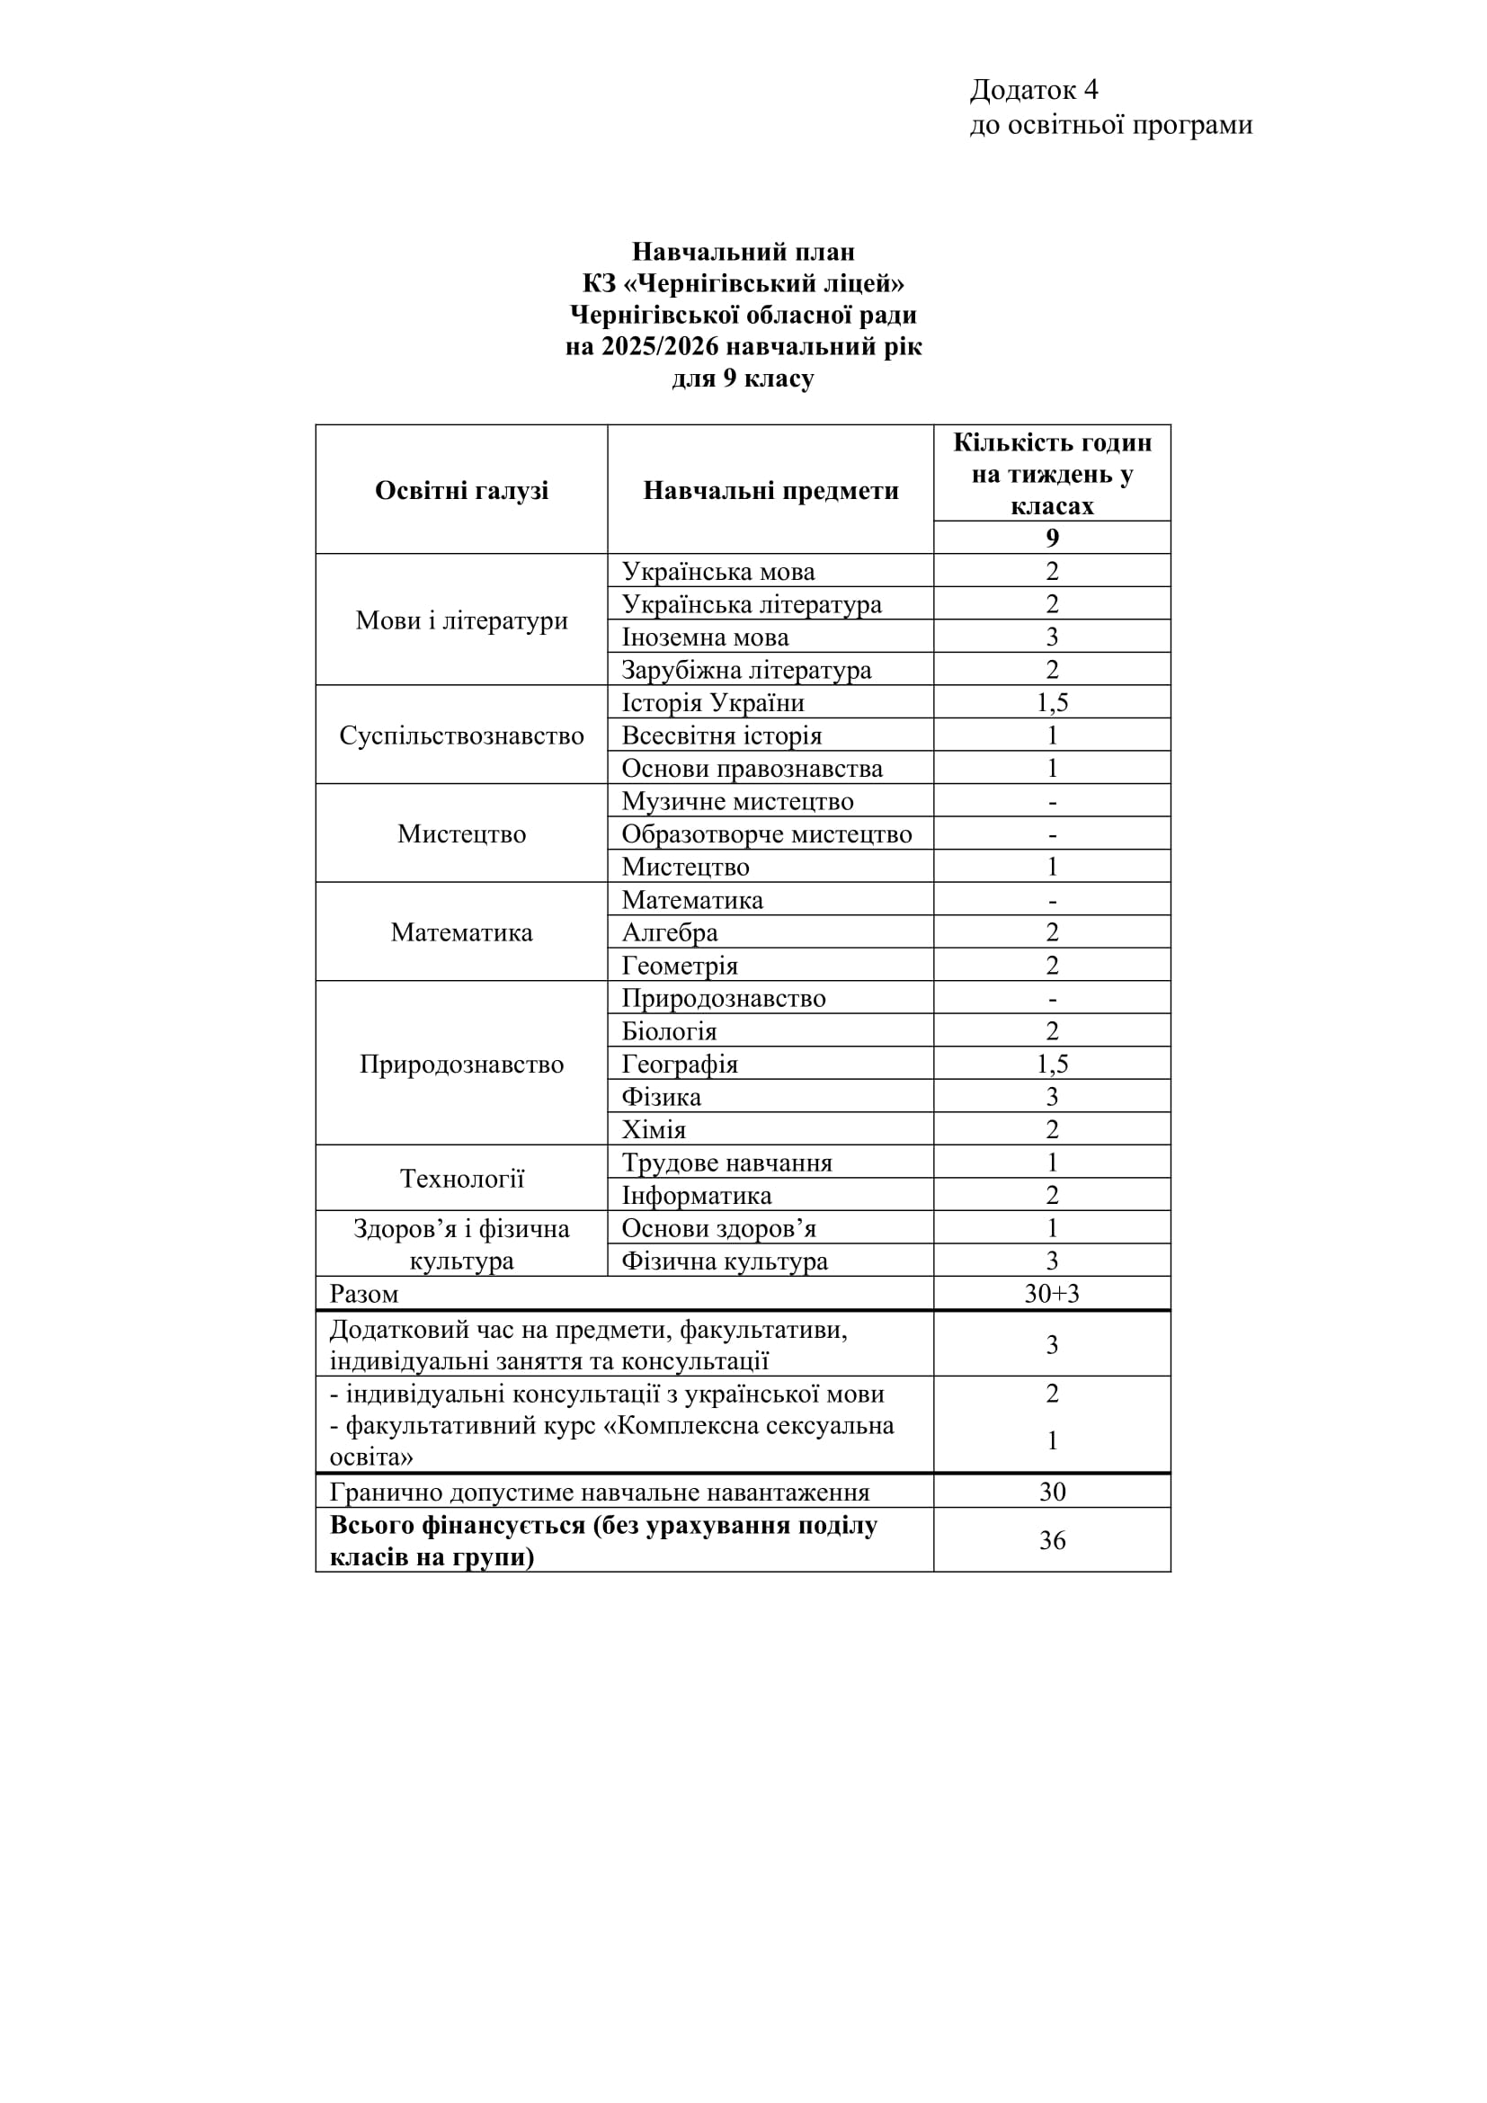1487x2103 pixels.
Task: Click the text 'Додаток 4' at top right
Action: click(x=1034, y=90)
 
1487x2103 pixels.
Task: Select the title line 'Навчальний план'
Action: click(x=743, y=251)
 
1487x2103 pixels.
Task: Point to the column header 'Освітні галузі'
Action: click(x=461, y=490)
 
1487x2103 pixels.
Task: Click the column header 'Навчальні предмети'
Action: click(x=771, y=490)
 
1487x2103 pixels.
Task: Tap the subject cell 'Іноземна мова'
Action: click(x=705, y=637)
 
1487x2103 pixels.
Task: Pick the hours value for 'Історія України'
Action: click(x=1052, y=702)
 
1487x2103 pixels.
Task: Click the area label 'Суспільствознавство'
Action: click(x=461, y=735)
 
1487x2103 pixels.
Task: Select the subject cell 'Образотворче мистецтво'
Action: click(x=766, y=833)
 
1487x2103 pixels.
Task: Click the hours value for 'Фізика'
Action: click(x=1052, y=1096)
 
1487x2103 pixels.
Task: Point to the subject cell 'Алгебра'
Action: click(x=670, y=932)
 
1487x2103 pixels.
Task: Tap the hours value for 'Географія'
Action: click(x=1052, y=1064)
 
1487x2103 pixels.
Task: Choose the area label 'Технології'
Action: click(x=461, y=1179)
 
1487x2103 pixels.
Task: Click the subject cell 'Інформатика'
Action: click(x=696, y=1195)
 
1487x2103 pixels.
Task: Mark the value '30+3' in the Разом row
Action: click(x=1052, y=1293)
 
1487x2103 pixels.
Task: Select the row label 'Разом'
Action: click(x=364, y=1294)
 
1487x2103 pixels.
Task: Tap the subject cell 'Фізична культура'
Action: click(x=725, y=1261)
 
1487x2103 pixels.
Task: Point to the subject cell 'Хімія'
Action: click(x=653, y=1129)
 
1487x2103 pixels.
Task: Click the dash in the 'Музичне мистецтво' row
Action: click(x=1052, y=802)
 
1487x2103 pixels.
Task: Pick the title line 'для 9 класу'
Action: click(x=743, y=379)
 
